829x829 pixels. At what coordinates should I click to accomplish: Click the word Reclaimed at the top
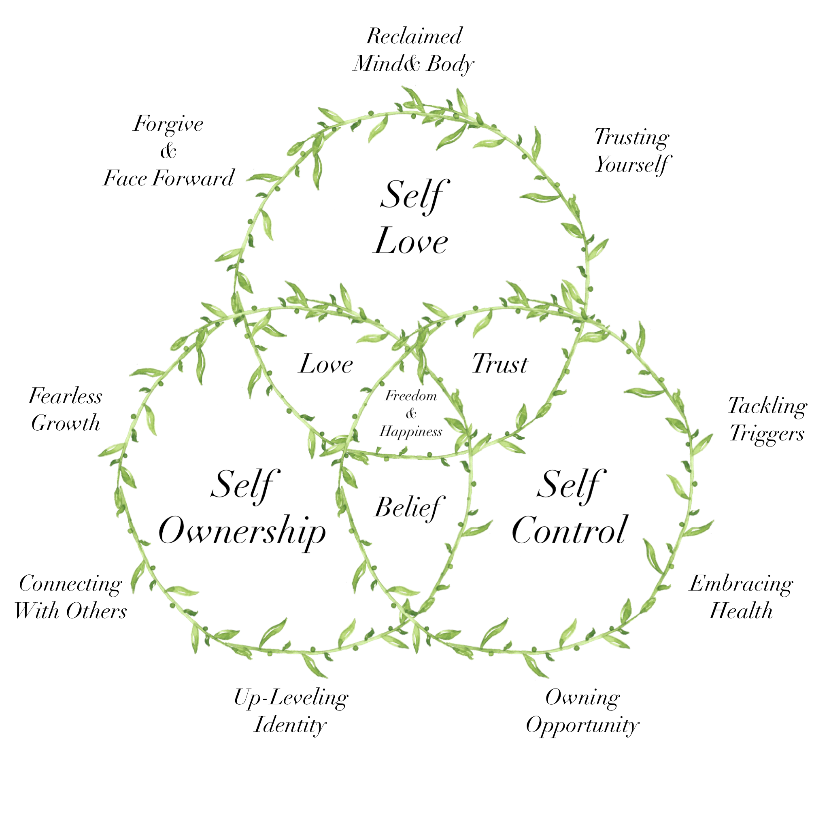[414, 36]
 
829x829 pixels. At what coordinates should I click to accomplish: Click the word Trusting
[631, 138]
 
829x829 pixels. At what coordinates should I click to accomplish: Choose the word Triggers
[767, 434]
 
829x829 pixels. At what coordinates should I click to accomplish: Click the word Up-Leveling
[291, 698]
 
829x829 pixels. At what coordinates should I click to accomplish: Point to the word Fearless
[65, 396]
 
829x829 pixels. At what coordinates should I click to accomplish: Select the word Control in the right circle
[570, 531]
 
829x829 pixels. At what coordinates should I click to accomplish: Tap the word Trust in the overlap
[500, 364]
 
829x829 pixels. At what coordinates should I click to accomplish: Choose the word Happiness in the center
[410, 432]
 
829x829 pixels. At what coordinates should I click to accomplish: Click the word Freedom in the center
[410, 396]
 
